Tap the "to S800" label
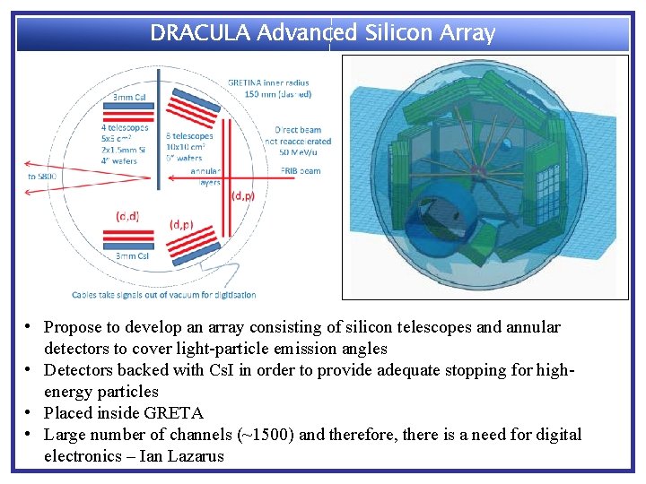click(41, 177)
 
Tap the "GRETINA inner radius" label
click(267, 83)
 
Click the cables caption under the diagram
click(164, 294)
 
